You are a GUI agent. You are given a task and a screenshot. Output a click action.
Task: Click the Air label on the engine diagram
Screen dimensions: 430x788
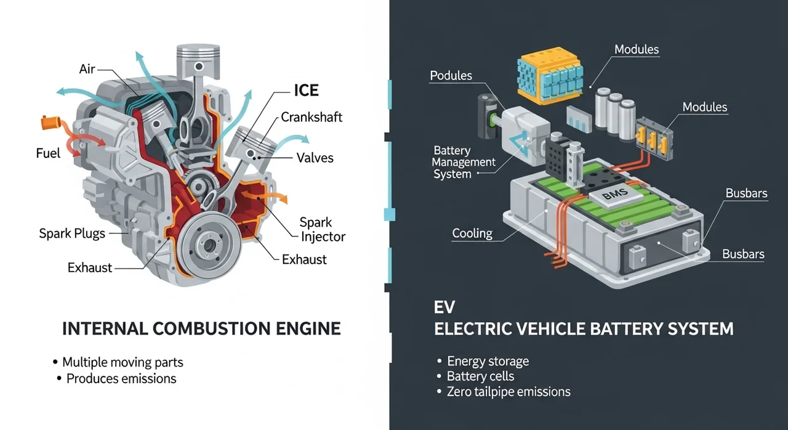point(87,69)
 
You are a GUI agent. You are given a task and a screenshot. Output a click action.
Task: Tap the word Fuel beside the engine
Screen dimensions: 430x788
point(48,153)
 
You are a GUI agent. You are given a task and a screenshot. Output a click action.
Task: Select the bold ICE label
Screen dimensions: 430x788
point(305,91)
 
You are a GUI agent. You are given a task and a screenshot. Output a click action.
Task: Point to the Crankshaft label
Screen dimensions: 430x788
point(312,117)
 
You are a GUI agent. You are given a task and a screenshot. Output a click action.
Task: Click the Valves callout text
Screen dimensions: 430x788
point(315,158)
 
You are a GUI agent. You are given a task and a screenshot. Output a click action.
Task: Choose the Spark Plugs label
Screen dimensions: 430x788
point(72,233)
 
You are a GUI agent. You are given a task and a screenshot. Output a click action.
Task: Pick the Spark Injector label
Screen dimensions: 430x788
point(323,229)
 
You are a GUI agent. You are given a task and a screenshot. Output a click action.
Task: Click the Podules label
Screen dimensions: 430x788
point(451,76)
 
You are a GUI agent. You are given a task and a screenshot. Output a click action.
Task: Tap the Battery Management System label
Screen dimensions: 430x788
point(463,162)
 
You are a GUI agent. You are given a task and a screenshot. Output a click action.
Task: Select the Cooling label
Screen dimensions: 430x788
point(472,233)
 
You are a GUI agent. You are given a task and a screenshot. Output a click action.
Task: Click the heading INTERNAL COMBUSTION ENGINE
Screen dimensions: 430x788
point(201,328)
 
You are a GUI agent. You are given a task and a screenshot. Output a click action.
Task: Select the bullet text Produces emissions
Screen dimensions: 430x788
point(121,378)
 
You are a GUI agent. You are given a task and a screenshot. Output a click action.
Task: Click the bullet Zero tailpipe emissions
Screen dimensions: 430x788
point(509,392)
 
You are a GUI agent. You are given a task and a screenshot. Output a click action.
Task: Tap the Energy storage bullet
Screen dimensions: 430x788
point(488,361)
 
